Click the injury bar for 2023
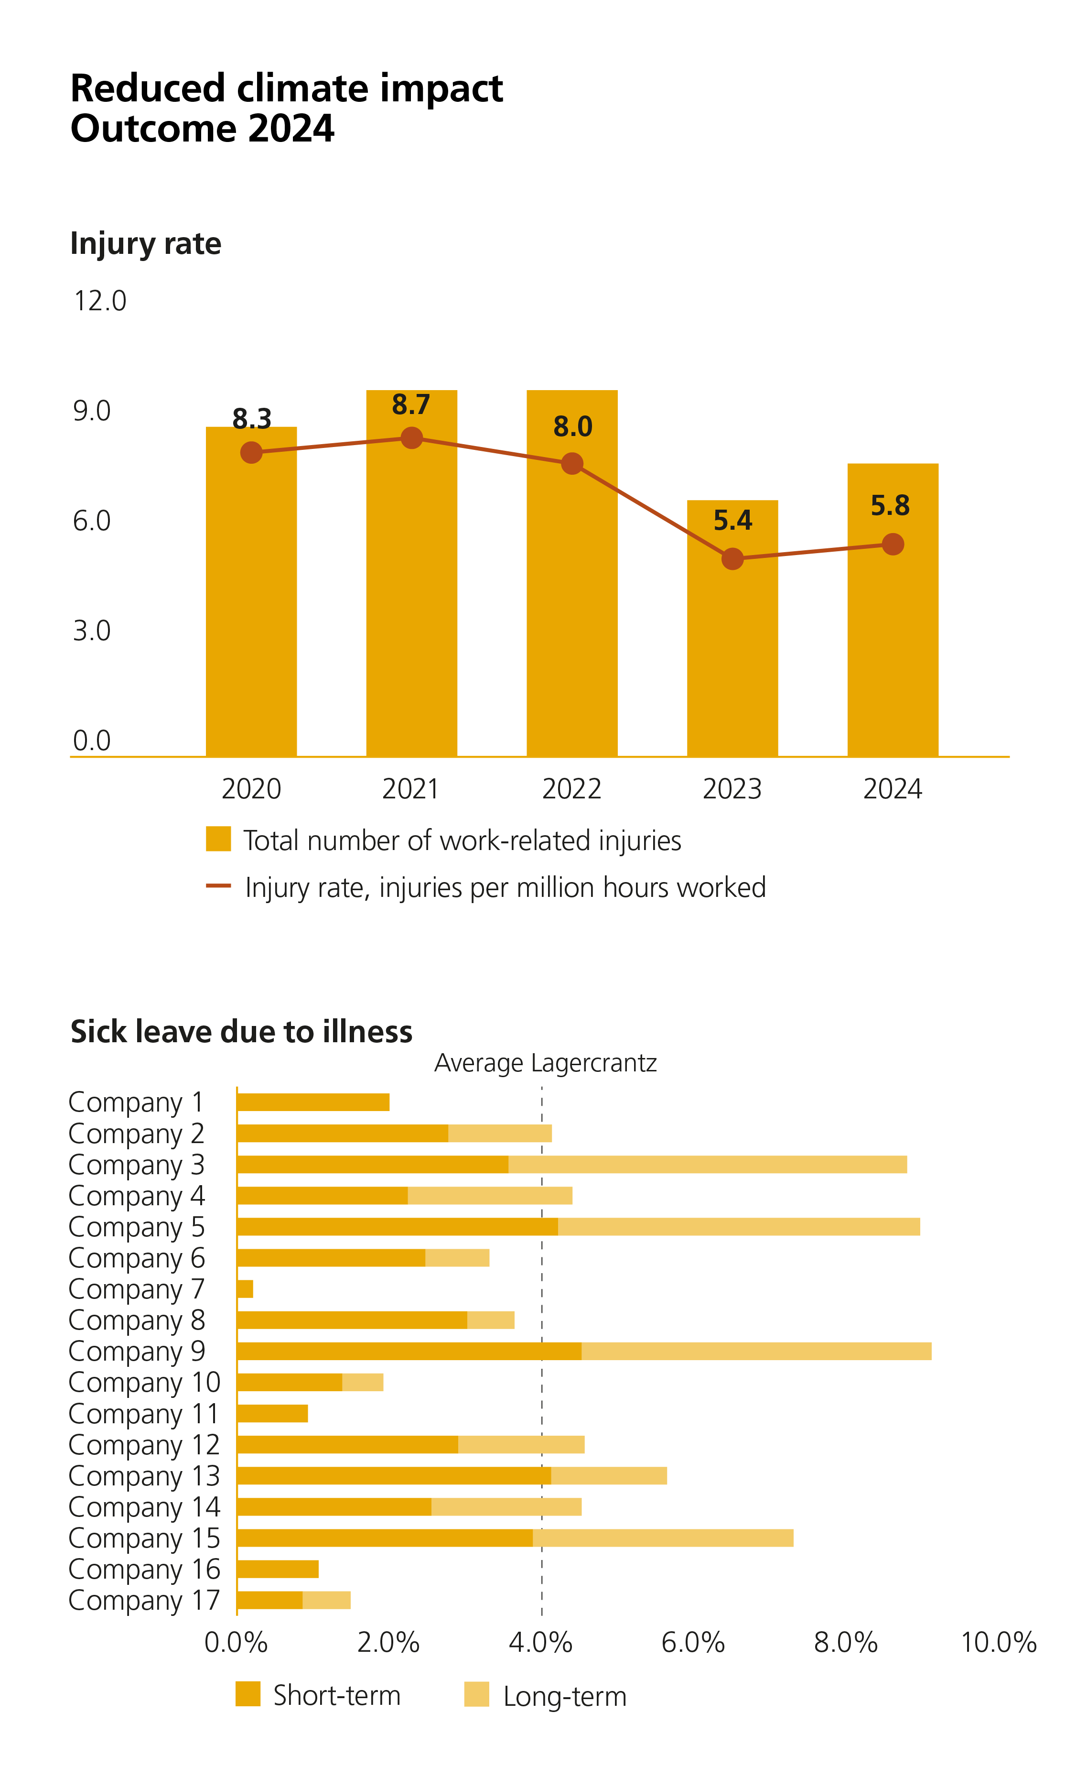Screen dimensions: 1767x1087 (x=732, y=647)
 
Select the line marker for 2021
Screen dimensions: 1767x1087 (x=411, y=437)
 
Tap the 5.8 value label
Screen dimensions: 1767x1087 (x=890, y=506)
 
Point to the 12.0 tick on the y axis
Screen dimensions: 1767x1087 (x=100, y=301)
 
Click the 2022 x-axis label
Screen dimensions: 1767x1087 (x=571, y=789)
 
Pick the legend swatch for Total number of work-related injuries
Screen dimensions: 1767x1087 (x=218, y=839)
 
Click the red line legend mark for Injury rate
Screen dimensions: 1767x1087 (x=218, y=886)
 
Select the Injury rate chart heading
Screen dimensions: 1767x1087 (x=145, y=244)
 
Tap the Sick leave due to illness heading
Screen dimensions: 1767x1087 (x=241, y=1031)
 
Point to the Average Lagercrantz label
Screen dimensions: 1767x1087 (x=545, y=1063)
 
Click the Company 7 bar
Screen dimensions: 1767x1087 (x=245, y=1289)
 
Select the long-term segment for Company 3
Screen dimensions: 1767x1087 (x=708, y=1164)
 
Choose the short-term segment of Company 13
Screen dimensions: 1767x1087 (x=394, y=1476)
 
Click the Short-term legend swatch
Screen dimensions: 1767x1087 (x=248, y=1694)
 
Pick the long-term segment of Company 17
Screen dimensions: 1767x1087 (x=326, y=1600)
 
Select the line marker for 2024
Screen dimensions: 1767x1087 (x=892, y=545)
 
